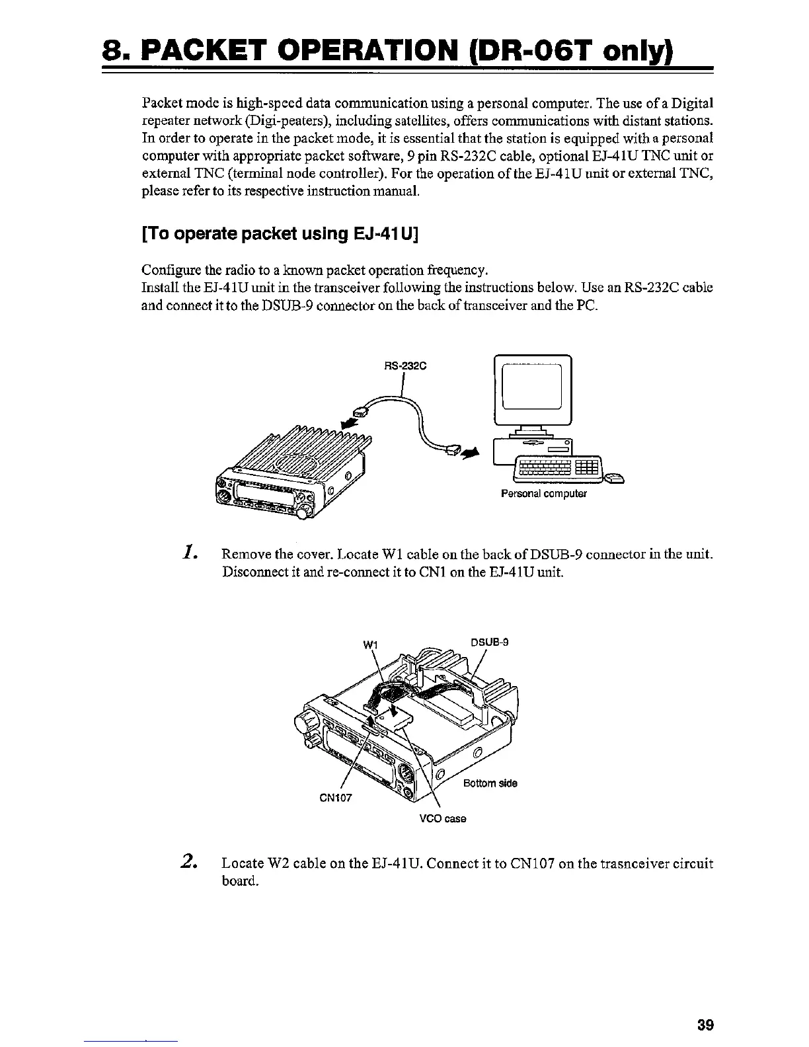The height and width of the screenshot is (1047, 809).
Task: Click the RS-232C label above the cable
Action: [403, 362]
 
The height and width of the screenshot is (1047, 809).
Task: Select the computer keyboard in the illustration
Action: [559, 469]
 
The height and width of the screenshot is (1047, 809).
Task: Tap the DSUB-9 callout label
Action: [490, 641]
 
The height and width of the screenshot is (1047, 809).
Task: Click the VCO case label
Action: [443, 819]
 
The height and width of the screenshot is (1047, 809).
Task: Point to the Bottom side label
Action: [490, 783]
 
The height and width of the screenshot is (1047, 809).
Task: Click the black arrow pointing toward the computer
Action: [470, 453]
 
